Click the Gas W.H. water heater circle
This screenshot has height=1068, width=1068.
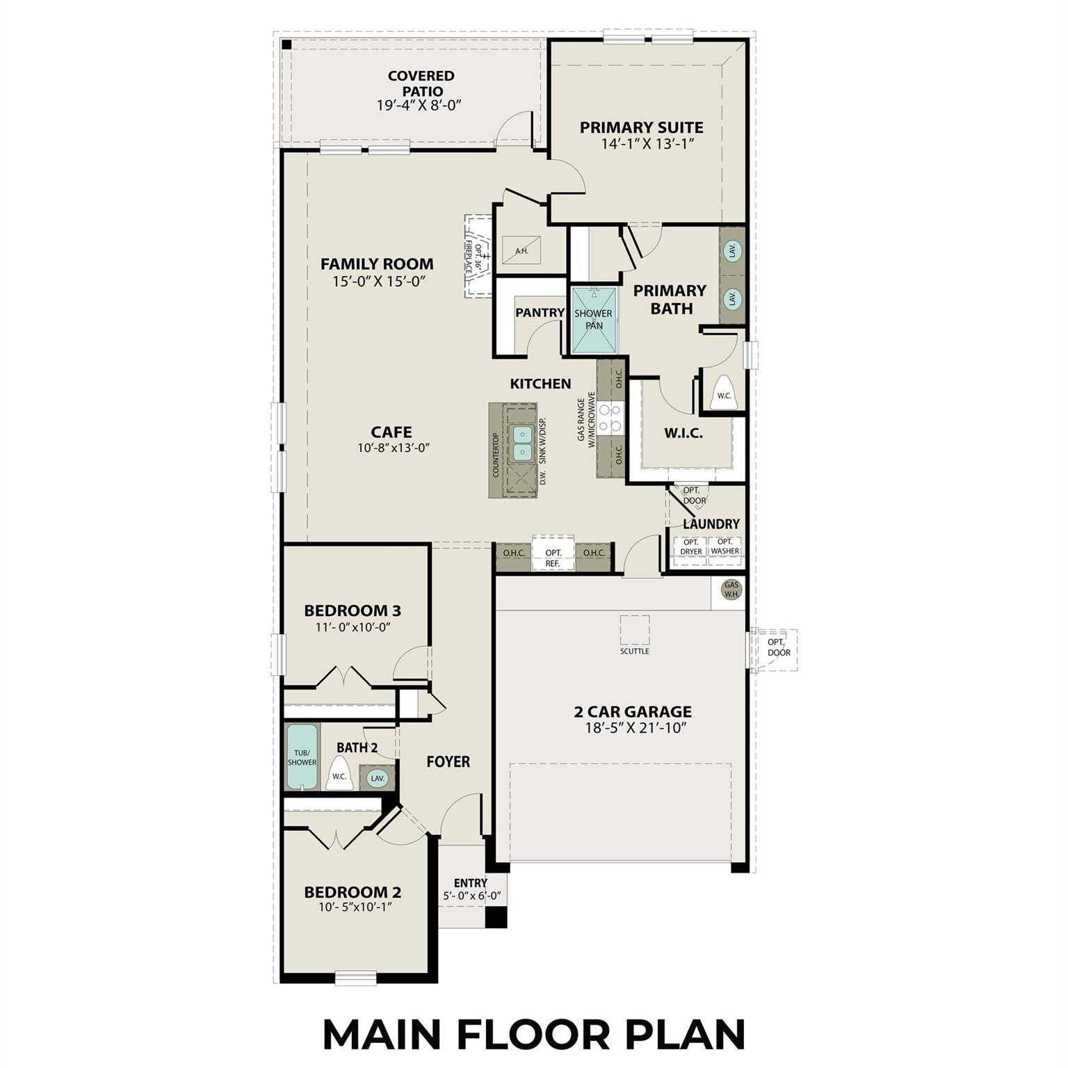point(732,590)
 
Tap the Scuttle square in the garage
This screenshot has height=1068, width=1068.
point(635,630)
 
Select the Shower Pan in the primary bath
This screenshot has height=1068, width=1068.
point(593,320)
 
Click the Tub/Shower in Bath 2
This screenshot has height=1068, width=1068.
point(302,756)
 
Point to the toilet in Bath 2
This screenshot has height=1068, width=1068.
point(339,773)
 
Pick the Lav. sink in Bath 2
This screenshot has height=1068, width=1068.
point(378,778)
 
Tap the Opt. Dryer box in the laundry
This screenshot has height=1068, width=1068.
point(691,547)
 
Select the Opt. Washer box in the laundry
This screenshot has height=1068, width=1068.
point(725,547)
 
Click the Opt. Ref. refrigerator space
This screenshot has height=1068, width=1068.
point(553,555)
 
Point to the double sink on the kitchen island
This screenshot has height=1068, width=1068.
point(522,444)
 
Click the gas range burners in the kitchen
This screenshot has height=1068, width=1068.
point(610,419)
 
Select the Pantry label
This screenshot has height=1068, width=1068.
point(540,313)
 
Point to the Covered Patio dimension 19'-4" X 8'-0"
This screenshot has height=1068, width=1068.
point(419,105)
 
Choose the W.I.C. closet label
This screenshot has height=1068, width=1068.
point(683,433)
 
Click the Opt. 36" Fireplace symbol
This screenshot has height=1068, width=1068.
point(478,257)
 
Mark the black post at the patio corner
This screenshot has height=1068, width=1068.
point(286,44)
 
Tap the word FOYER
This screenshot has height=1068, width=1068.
point(448,762)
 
